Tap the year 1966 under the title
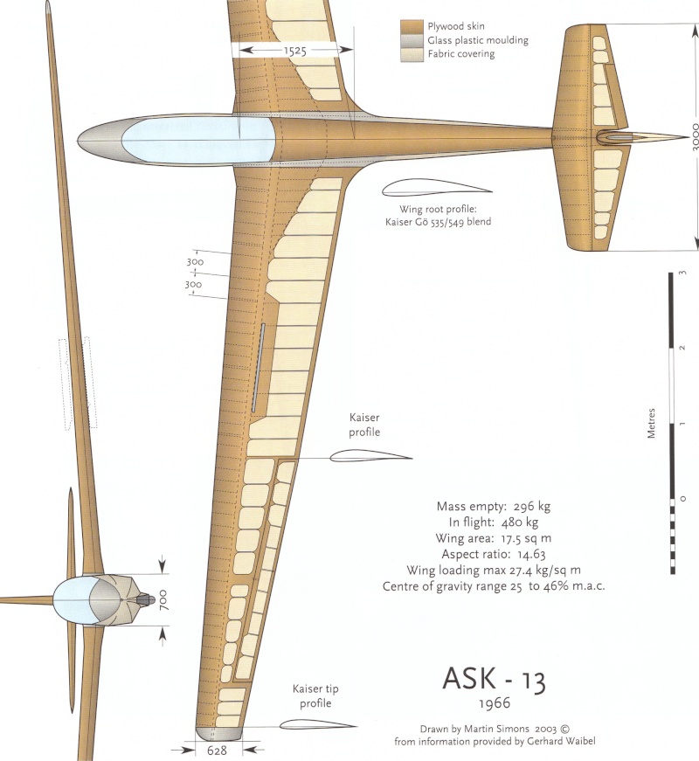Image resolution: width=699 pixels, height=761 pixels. click(x=494, y=702)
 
